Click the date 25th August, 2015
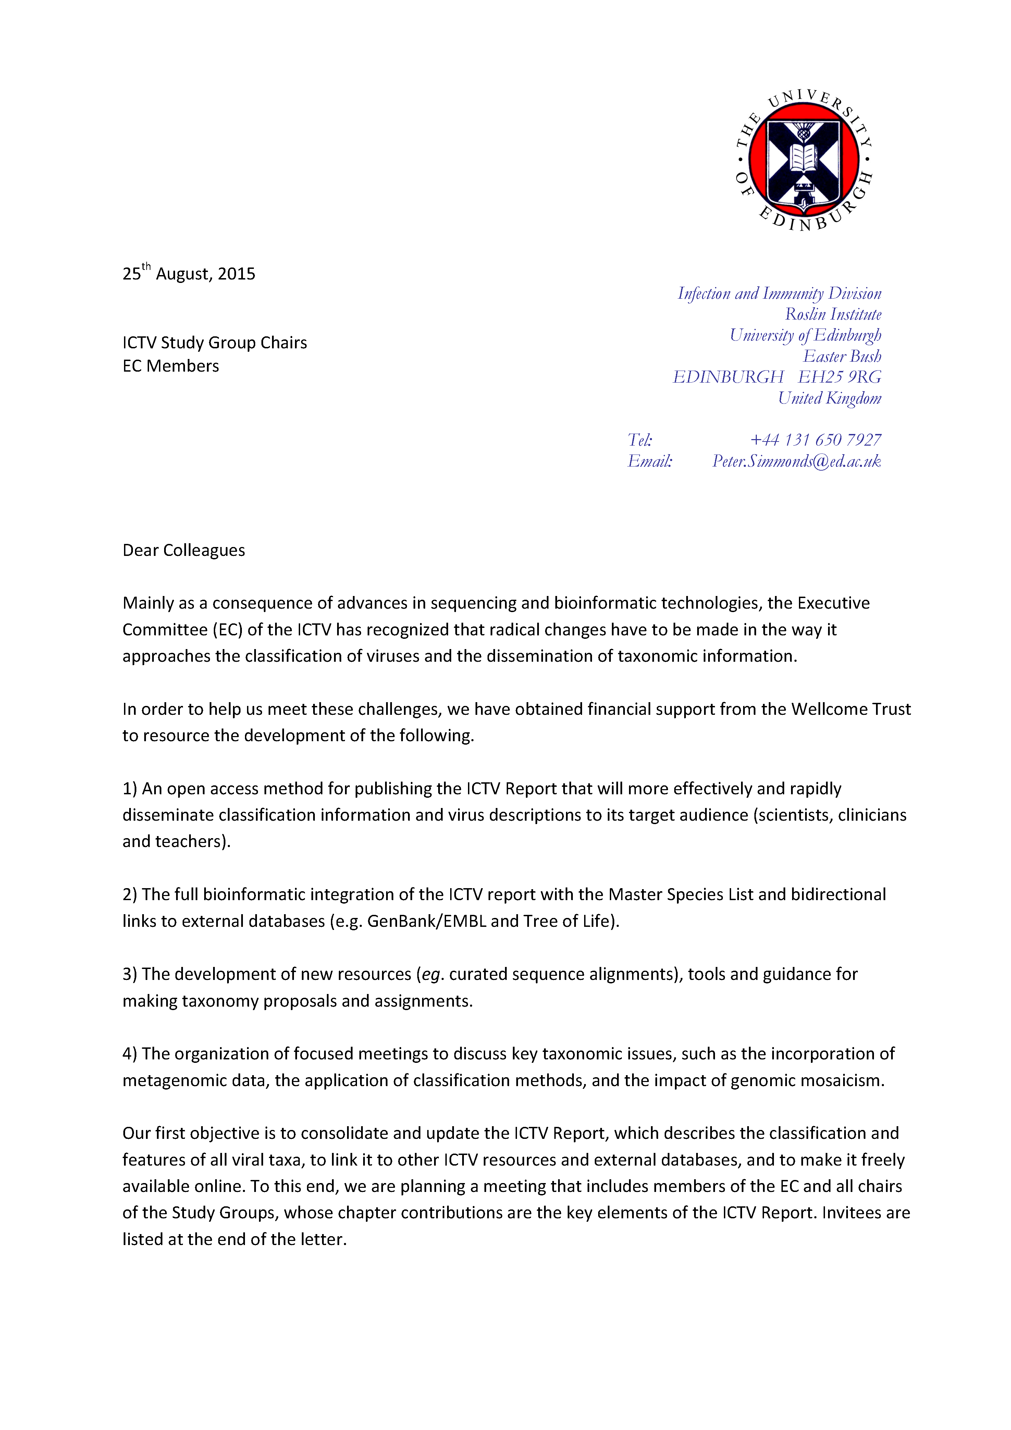click(189, 273)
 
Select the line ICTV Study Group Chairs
click(214, 343)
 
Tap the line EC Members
click(171, 366)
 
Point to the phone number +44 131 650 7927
click(815, 440)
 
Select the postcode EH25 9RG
click(840, 377)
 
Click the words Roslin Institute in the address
click(833, 314)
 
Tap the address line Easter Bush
click(842, 356)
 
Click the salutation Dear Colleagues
click(184, 550)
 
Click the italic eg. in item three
click(431, 975)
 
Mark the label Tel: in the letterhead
click(640, 440)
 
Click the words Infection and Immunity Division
click(779, 293)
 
